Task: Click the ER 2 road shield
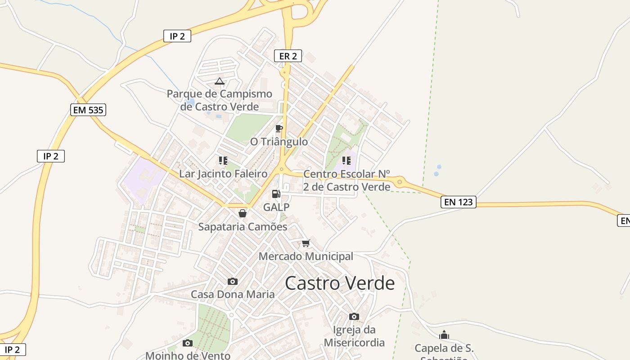click(288, 56)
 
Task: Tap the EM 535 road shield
click(88, 109)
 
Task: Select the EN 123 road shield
click(458, 202)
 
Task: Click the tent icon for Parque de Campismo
click(219, 81)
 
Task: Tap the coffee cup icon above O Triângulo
click(279, 129)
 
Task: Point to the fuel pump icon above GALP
click(276, 194)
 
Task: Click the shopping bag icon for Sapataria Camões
click(243, 213)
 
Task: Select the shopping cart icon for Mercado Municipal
click(306, 243)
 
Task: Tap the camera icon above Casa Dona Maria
click(233, 282)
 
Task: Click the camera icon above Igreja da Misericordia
click(354, 316)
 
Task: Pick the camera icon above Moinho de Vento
click(188, 343)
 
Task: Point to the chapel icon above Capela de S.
click(444, 335)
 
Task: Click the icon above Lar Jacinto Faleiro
click(223, 161)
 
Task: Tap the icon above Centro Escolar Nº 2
click(346, 161)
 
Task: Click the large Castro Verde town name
click(340, 283)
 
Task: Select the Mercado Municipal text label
click(306, 256)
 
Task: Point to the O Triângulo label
click(279, 142)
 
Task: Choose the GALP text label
click(276, 207)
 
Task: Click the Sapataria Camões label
click(243, 227)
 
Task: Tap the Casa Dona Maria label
click(233, 295)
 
